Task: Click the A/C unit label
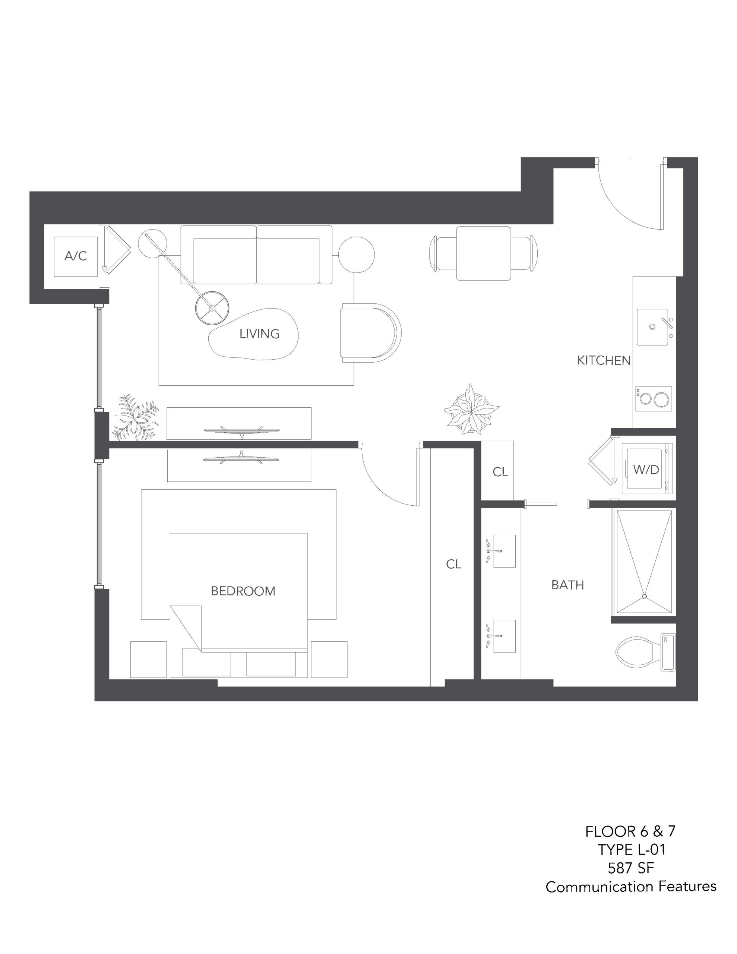point(76,256)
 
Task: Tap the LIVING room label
point(259,334)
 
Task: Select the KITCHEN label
point(604,360)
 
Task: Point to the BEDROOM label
point(243,591)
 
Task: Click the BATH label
point(567,585)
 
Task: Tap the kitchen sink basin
point(653,327)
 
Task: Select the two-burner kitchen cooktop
point(653,399)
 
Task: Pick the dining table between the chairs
point(483,253)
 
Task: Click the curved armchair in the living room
point(370,332)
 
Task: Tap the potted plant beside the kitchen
point(471,410)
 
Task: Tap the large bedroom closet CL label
point(453,564)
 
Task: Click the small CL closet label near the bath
point(500,472)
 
